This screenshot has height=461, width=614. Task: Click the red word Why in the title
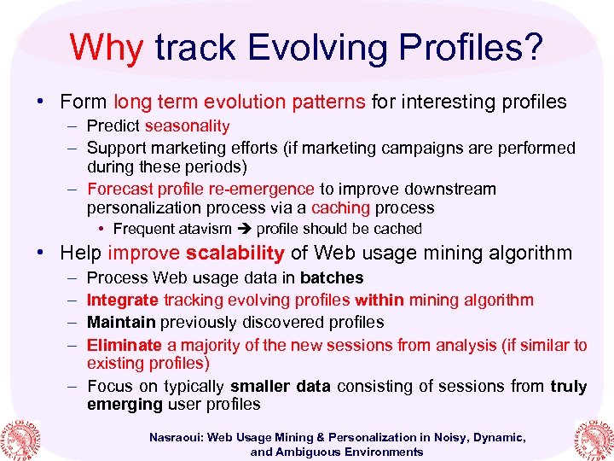coord(107,49)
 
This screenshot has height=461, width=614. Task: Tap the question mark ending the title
coord(531,49)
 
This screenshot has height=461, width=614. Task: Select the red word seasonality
coord(188,126)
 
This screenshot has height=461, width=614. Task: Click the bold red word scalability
coord(235,253)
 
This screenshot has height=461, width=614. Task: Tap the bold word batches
coord(332,278)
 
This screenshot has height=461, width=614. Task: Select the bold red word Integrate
coord(123,301)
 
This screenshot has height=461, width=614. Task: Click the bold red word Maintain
coord(121,323)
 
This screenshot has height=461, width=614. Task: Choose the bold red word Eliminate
coord(125,345)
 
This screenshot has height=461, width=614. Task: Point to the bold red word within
coord(379,301)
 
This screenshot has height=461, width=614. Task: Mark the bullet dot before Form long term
coord(41,102)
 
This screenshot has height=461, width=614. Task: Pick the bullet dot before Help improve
coord(41,253)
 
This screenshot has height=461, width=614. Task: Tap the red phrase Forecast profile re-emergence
coord(200,189)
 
